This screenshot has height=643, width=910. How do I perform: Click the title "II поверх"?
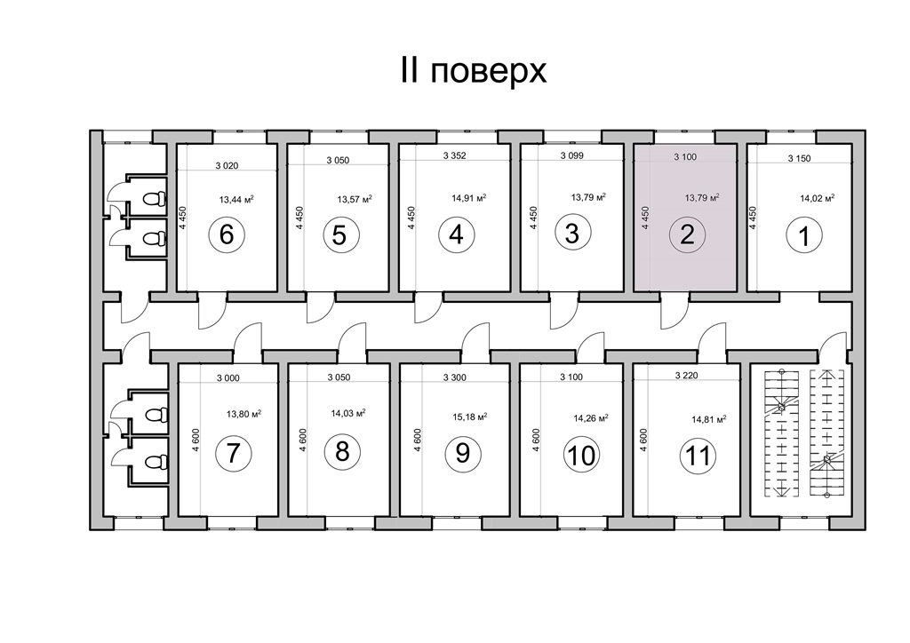[x=473, y=71]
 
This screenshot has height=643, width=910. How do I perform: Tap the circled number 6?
[x=227, y=234]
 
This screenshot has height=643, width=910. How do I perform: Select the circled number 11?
[x=698, y=455]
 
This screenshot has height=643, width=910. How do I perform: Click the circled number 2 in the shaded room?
[x=687, y=234]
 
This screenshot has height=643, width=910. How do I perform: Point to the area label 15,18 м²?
[x=469, y=417]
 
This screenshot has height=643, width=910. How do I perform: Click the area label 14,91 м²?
[x=469, y=198]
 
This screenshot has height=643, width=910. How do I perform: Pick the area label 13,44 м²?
[x=236, y=200]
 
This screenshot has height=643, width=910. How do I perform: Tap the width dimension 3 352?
[x=454, y=155]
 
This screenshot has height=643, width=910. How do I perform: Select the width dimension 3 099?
[x=571, y=155]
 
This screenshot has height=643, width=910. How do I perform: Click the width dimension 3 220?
[x=687, y=375]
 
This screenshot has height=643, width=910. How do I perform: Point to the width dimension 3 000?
[x=228, y=378]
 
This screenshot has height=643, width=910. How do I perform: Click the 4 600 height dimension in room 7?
[x=196, y=441]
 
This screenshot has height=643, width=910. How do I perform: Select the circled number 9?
[x=462, y=453]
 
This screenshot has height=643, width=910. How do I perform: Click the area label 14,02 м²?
[x=818, y=198]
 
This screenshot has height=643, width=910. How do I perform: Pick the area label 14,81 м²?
[x=709, y=418]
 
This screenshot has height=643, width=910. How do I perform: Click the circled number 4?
[x=457, y=234]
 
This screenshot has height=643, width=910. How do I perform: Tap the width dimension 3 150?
[x=799, y=158]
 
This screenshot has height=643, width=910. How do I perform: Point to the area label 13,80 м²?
[x=243, y=414]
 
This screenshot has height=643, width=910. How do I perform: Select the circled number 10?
[x=582, y=455]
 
